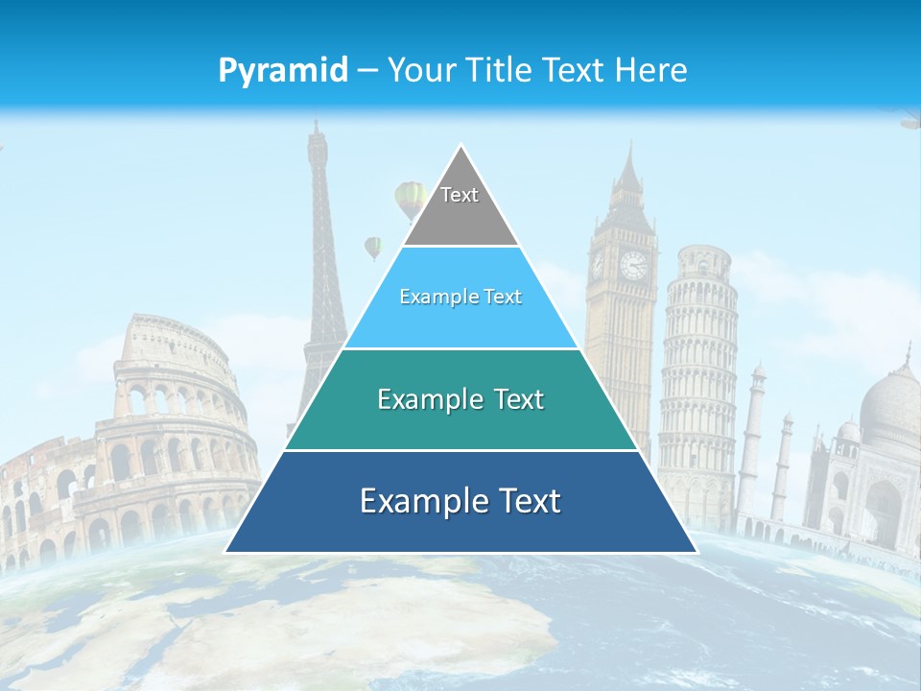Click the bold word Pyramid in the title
(x=283, y=70)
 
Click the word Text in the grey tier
(x=460, y=195)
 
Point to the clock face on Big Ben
(x=633, y=265)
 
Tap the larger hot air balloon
(x=411, y=199)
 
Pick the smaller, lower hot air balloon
(x=373, y=248)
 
